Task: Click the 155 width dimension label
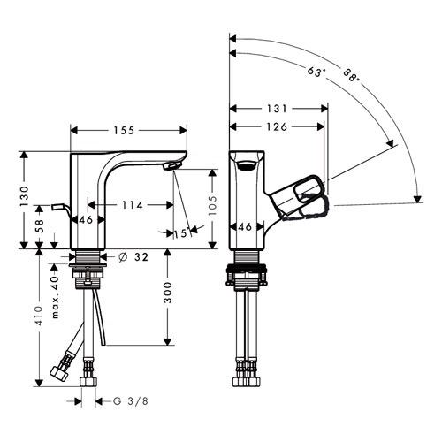[x=124, y=130]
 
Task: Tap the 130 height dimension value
[x=24, y=196]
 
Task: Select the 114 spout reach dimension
[x=132, y=205]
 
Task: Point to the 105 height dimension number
[x=213, y=205]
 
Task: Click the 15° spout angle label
[x=181, y=233]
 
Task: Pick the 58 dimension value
[x=39, y=226]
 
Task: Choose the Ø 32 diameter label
[x=133, y=257]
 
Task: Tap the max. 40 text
[x=55, y=297]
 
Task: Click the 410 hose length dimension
[x=39, y=316]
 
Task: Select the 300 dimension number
[x=167, y=293]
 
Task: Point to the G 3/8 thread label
[x=131, y=401]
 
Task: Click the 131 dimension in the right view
[x=277, y=109]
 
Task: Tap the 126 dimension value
[x=277, y=126]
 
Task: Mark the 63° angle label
[x=316, y=72]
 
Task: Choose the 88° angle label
[x=352, y=75]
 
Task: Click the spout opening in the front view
[x=247, y=165]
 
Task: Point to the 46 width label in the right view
[x=245, y=227]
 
